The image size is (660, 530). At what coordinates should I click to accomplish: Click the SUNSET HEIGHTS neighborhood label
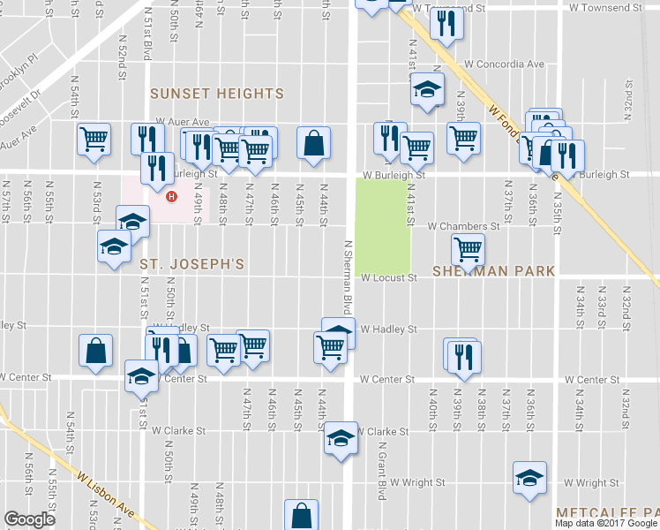[216, 94]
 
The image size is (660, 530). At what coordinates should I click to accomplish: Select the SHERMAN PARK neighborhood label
[495, 271]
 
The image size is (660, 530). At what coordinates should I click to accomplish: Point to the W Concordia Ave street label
[504, 64]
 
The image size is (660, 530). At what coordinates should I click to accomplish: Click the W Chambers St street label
[463, 226]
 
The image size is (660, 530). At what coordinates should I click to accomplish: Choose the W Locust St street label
[388, 278]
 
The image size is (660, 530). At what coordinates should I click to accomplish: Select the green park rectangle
[383, 225]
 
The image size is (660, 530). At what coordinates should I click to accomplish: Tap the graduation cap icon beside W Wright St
[529, 478]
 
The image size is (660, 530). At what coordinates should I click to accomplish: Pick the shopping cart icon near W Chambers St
[467, 248]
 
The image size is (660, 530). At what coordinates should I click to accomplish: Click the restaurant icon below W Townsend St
[446, 23]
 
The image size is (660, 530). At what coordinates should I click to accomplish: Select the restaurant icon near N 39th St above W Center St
[462, 355]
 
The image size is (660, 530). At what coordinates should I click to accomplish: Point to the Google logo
[29, 519]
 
